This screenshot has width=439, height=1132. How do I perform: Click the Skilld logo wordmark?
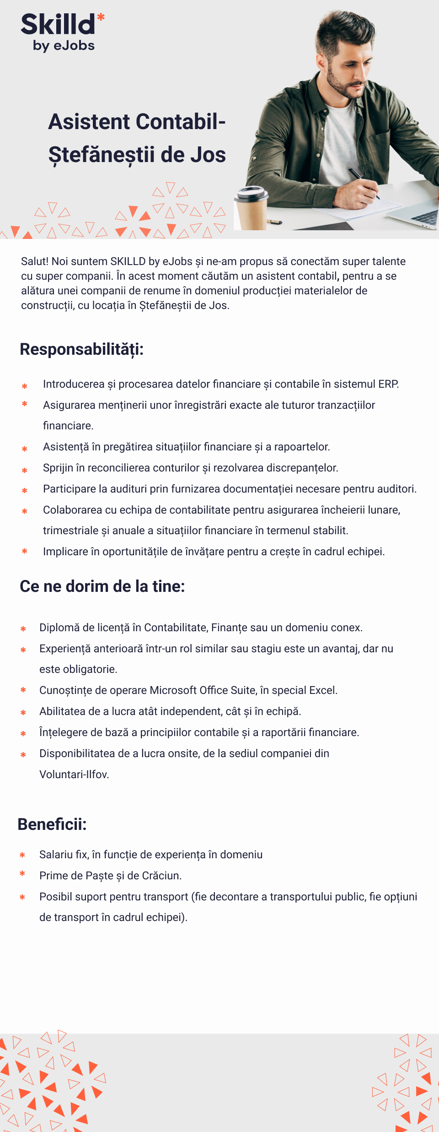click(x=58, y=25)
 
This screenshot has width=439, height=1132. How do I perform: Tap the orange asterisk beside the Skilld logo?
click(x=101, y=17)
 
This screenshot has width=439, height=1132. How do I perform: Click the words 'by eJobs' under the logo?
click(x=64, y=46)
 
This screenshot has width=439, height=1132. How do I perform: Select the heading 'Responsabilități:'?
click(x=82, y=349)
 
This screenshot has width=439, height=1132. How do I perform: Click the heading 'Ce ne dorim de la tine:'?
click(x=102, y=586)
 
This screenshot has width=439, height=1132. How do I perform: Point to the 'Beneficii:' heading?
click(x=52, y=824)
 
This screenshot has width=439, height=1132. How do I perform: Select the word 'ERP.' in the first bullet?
click(x=388, y=384)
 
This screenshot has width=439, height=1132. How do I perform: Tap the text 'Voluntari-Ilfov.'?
click(x=74, y=775)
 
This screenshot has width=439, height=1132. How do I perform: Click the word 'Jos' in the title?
click(x=208, y=155)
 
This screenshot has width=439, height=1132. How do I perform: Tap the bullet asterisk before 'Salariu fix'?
click(x=22, y=855)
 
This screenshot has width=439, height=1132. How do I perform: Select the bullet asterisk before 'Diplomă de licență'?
click(x=23, y=629)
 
